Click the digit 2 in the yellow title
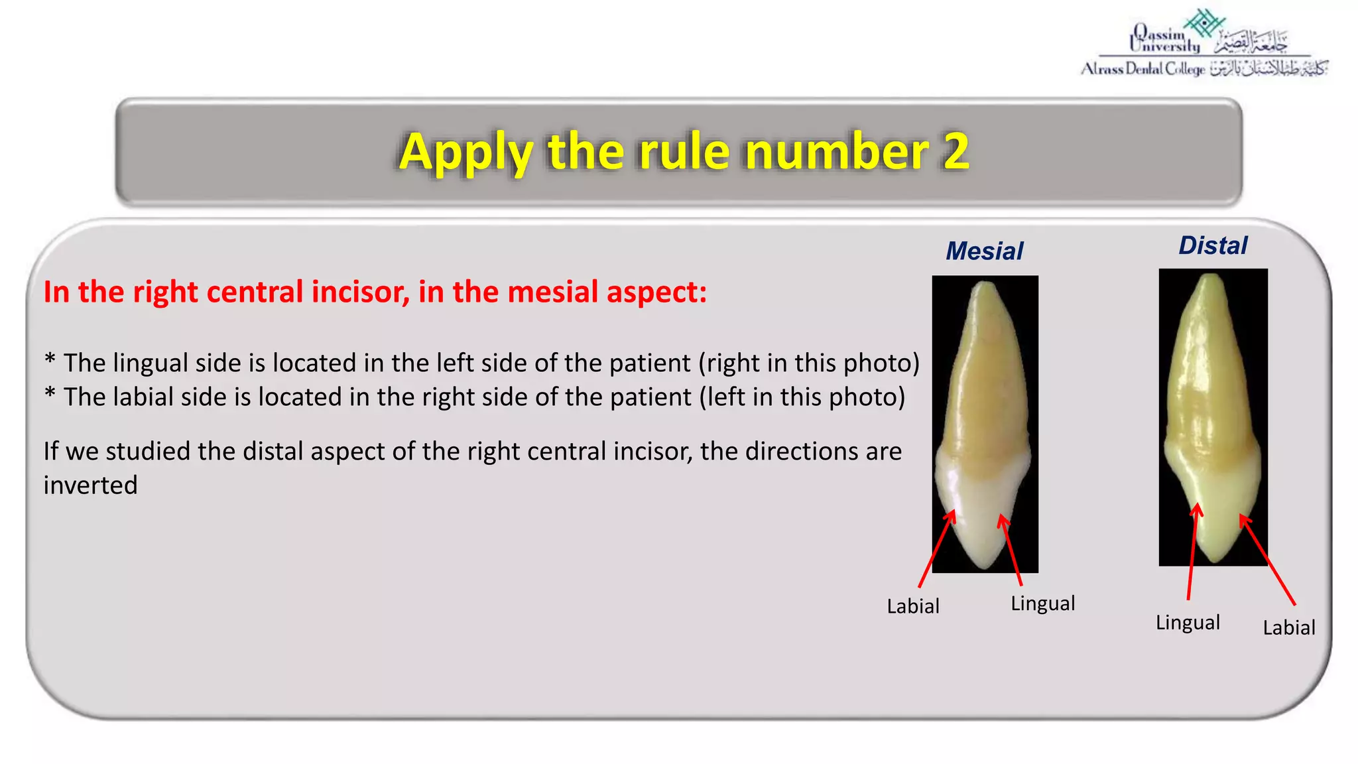click(956, 151)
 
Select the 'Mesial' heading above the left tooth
click(984, 251)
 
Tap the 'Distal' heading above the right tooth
click(1213, 245)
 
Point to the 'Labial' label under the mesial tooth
click(913, 606)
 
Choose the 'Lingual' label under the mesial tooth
click(1042, 604)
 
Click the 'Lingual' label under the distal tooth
click(1188, 623)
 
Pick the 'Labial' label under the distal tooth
click(1288, 627)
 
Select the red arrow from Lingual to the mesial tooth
click(1012, 551)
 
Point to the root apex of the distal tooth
click(1212, 277)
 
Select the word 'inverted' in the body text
click(91, 485)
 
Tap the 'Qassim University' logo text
click(1165, 40)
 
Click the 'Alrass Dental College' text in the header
click(1142, 69)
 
